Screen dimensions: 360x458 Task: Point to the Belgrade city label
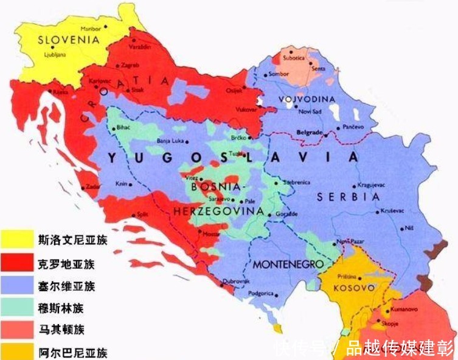tap(309, 131)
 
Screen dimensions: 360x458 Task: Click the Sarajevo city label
tap(220, 198)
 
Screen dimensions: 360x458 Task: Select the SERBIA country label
tap(348, 197)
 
